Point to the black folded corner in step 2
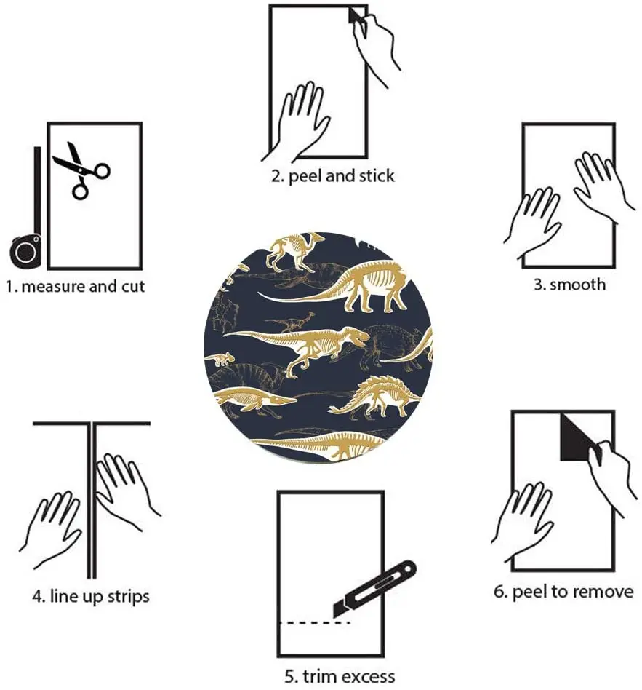356,16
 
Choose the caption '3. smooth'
569,284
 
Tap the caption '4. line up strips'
90,597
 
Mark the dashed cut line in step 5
316,623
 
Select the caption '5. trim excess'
340,676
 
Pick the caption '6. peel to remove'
563,592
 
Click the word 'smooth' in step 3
577,284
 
